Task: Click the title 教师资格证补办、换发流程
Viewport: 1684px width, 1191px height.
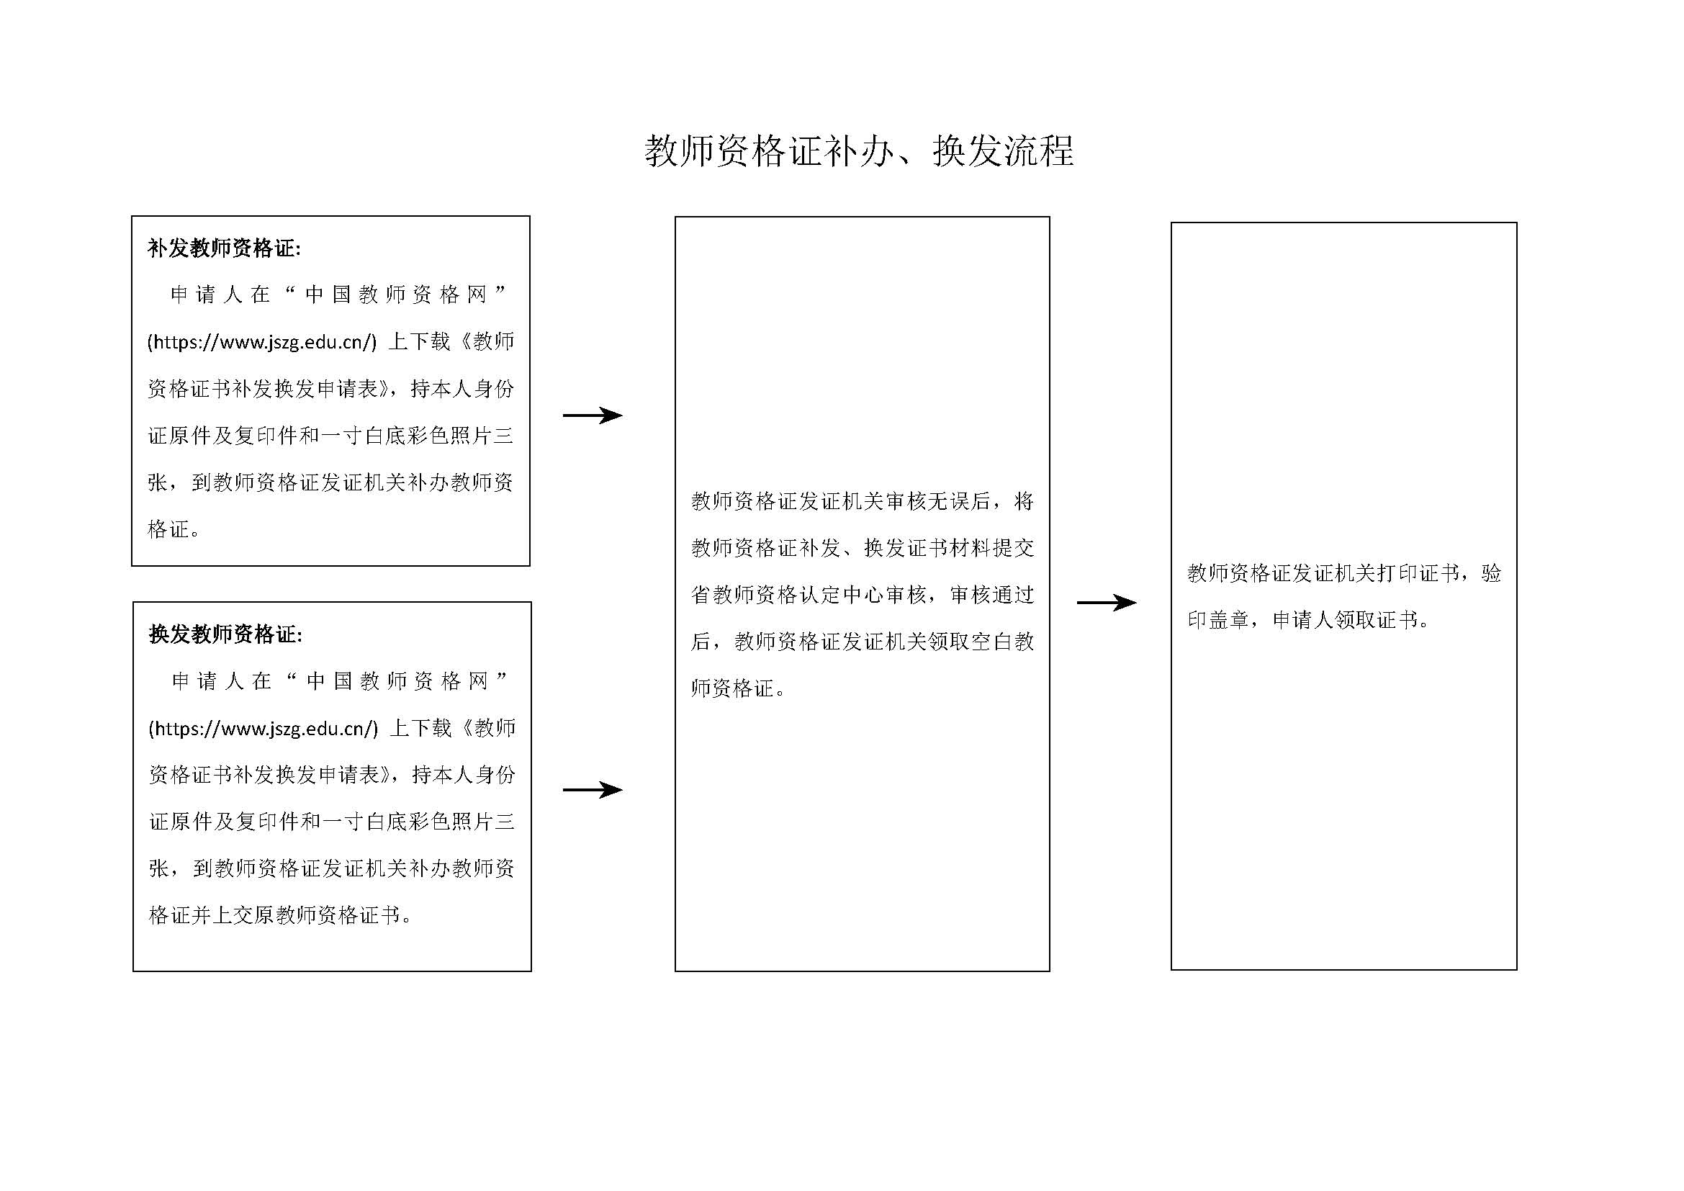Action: click(x=859, y=151)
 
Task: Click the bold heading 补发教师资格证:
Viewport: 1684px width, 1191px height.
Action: click(x=224, y=248)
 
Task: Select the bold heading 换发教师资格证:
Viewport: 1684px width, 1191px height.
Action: click(x=225, y=634)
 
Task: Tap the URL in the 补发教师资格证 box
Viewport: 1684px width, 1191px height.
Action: click(x=262, y=342)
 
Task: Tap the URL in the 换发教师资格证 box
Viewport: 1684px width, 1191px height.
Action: click(x=264, y=728)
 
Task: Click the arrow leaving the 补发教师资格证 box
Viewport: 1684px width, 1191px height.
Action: click(x=593, y=415)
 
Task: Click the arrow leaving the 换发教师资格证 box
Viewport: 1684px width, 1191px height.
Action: click(x=593, y=790)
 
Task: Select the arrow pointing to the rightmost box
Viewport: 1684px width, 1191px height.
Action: click(x=1107, y=603)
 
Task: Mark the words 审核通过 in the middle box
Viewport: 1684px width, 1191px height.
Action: click(x=991, y=595)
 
